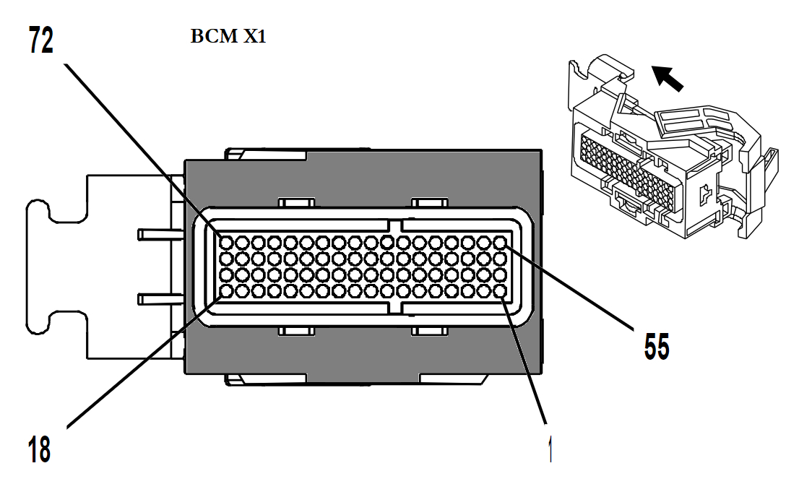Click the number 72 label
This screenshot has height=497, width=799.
coord(41,40)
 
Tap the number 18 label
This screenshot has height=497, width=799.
coord(40,449)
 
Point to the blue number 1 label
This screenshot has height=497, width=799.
coord(550,450)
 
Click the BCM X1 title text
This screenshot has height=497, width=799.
coord(228,38)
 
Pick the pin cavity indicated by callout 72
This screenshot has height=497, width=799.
coord(225,241)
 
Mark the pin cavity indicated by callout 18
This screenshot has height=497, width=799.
coord(225,291)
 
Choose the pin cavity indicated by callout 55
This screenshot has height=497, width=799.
coord(500,241)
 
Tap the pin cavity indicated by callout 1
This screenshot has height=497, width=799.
coord(500,291)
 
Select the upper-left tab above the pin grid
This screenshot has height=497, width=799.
coord(297,205)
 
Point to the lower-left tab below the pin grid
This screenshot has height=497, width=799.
coord(297,331)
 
